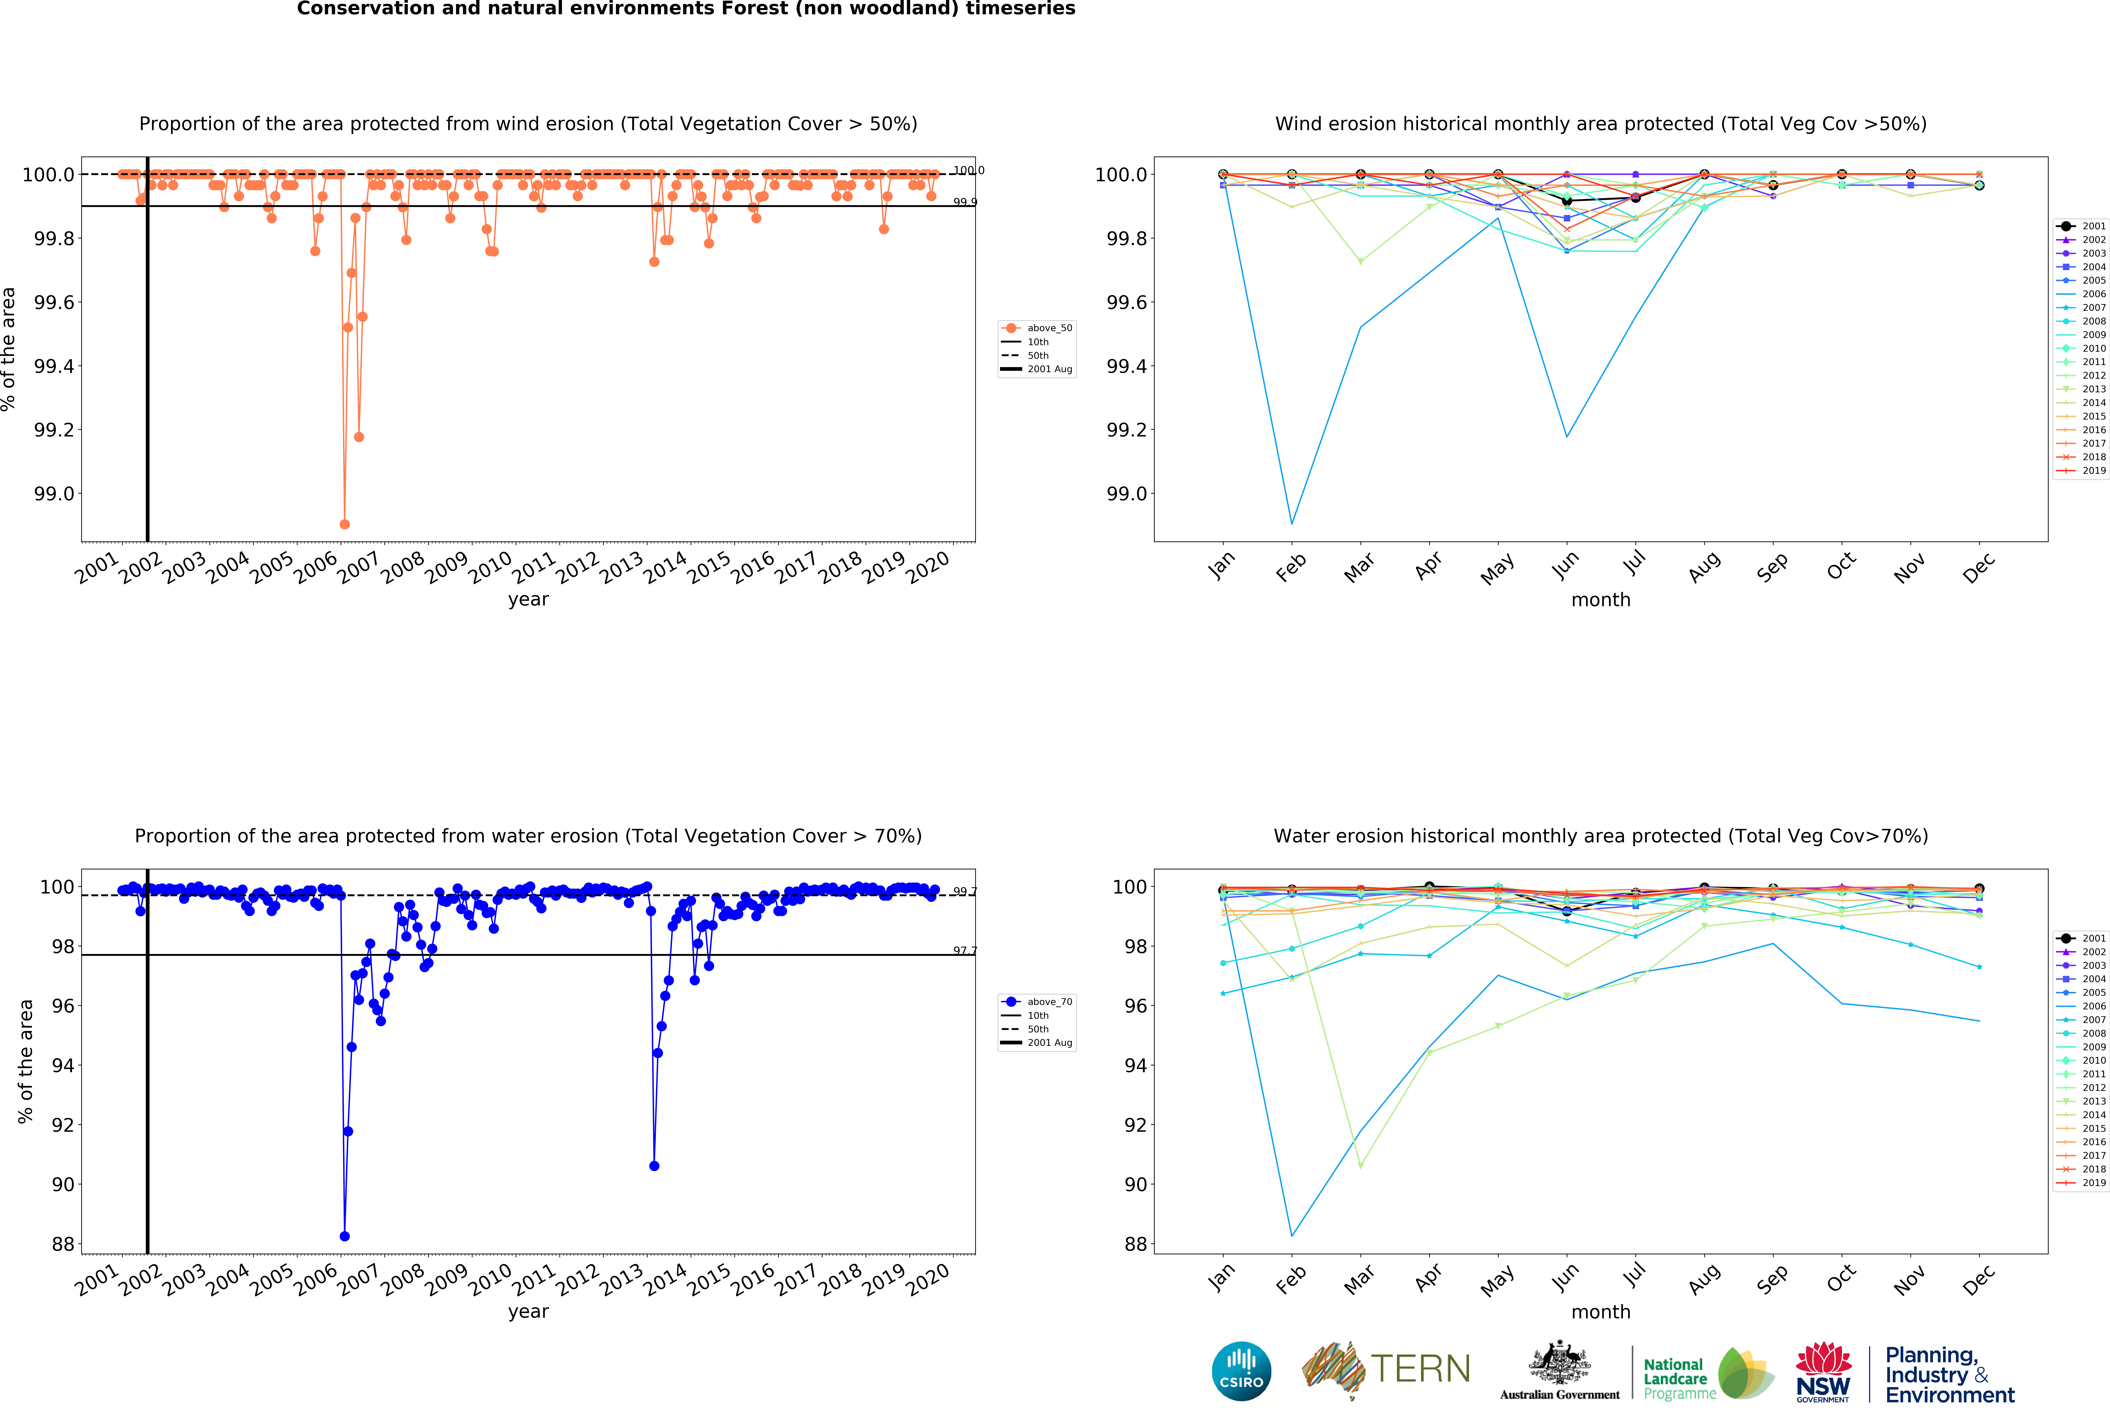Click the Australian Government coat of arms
(x=1559, y=1362)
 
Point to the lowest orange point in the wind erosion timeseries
(x=344, y=524)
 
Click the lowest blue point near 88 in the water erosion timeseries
(x=344, y=1236)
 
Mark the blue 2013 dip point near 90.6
(x=654, y=1165)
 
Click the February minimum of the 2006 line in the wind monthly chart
(x=1292, y=524)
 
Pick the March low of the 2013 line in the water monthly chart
(x=1360, y=1165)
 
